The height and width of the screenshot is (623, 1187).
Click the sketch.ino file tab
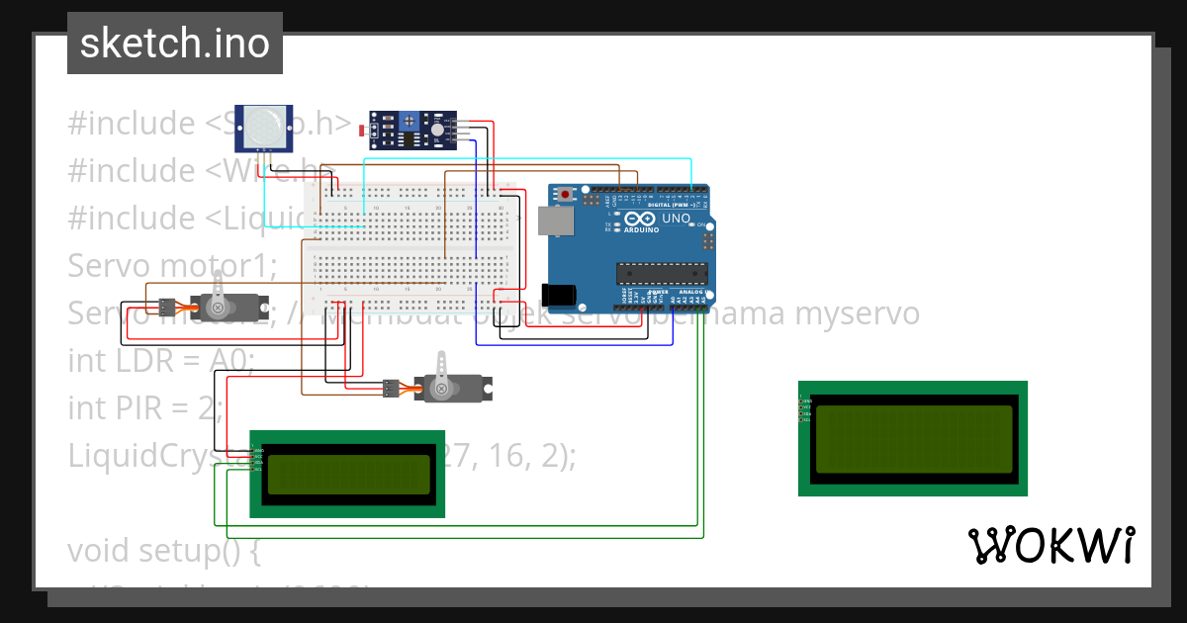[x=174, y=44]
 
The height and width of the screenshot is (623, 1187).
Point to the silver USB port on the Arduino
[x=554, y=221]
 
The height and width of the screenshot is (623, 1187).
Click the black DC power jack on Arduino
[x=561, y=293]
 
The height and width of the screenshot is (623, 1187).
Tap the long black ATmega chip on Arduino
[x=662, y=273]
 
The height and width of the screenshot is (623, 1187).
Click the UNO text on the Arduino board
[x=676, y=219]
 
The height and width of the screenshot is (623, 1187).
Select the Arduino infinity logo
[x=639, y=220]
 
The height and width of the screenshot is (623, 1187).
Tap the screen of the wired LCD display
[x=348, y=475]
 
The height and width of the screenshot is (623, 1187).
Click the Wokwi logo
[x=1050, y=545]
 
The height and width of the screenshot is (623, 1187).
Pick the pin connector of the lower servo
[x=392, y=388]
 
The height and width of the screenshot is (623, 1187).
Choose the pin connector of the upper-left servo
[x=167, y=305]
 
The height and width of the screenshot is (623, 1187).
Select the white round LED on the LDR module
[x=436, y=129]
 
